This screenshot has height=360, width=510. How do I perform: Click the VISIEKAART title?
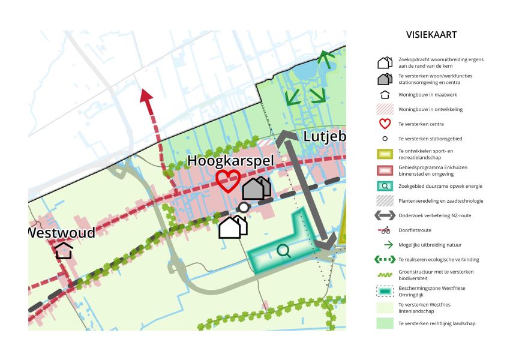431,35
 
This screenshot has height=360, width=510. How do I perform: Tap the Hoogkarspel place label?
230,161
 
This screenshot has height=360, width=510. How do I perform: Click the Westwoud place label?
62,232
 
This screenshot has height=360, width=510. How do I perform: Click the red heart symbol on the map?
228,181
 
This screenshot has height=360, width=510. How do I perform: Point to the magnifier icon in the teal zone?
284,251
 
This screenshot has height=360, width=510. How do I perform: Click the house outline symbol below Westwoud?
64,250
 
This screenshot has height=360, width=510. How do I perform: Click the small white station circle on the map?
243,207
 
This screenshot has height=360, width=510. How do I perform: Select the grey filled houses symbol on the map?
256,188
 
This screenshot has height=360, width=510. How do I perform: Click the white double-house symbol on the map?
233,227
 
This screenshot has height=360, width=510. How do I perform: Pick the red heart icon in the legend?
385,124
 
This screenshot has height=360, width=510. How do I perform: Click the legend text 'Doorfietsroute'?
415,230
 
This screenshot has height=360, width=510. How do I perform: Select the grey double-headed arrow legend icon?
385,215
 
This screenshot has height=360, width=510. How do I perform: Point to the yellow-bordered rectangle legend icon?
385,154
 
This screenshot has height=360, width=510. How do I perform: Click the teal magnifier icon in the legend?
385,185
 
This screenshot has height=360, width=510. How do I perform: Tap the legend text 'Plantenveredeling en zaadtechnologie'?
440,200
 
